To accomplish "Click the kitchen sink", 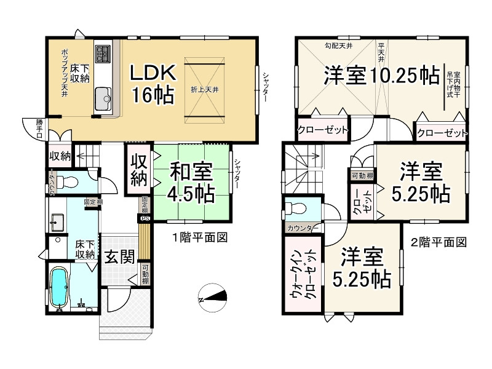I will [102, 97].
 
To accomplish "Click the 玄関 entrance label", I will [119, 257].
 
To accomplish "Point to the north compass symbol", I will [213, 298].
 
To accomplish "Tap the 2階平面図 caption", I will [438, 242].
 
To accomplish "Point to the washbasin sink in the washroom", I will [59, 220].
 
